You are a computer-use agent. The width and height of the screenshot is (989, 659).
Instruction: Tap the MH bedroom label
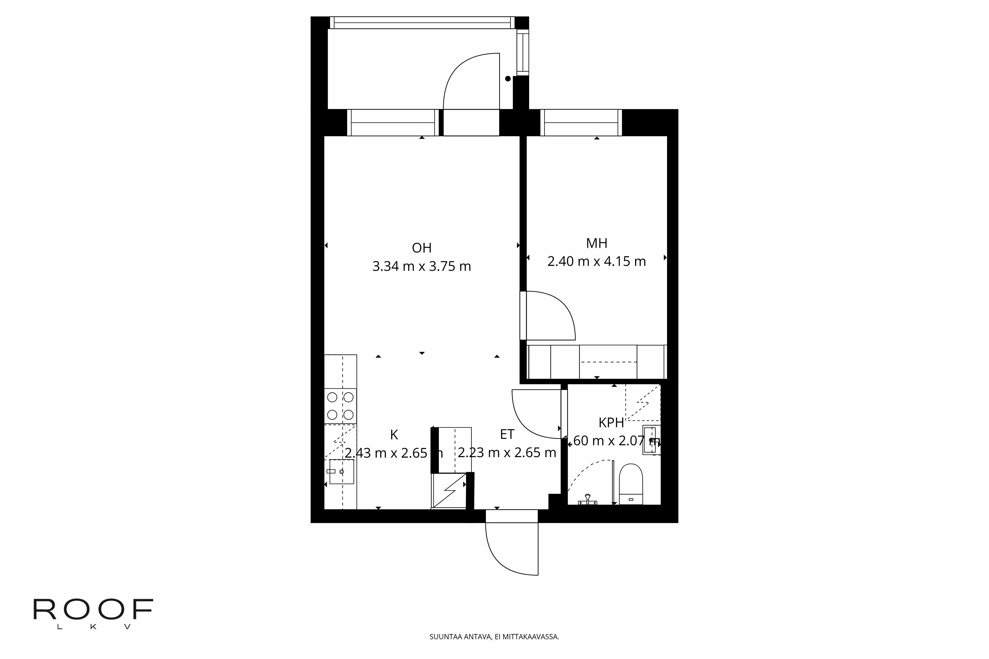pos(596,243)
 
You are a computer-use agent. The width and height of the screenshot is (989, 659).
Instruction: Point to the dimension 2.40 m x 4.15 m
pos(596,261)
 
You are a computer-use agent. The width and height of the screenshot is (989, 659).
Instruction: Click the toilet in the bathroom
pos(631,483)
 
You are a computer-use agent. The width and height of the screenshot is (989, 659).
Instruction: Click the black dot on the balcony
pos(508,79)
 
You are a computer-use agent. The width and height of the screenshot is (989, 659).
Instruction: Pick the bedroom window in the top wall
pos(581,123)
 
